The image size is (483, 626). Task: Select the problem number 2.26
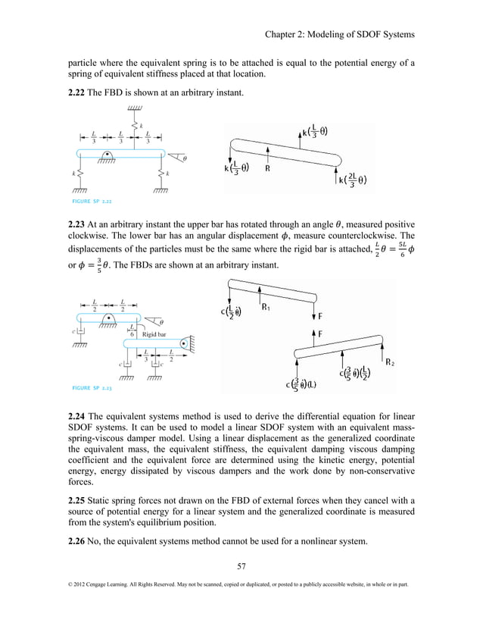83,543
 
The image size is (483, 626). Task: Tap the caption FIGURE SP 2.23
92,387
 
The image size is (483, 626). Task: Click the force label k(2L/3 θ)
353,179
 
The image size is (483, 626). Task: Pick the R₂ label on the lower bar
390,363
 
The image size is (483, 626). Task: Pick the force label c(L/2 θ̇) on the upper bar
227,313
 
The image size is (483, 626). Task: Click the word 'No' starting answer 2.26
109,543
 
